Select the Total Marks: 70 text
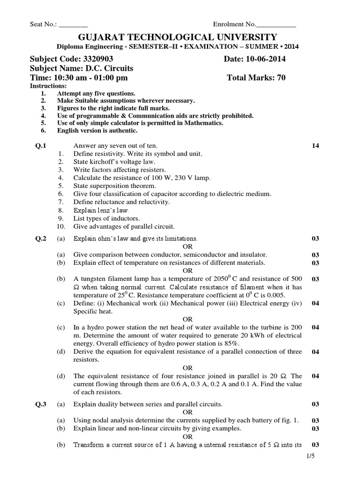(256, 78)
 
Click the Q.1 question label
(41, 146)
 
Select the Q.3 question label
(41, 404)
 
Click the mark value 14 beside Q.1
(315, 146)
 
